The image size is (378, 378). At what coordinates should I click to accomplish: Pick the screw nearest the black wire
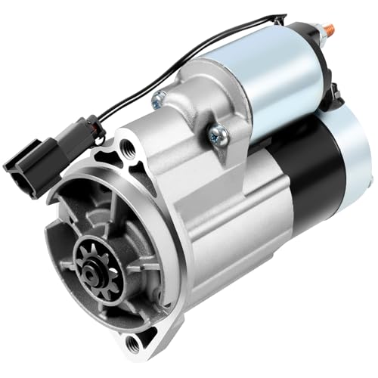click(x=160, y=98)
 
